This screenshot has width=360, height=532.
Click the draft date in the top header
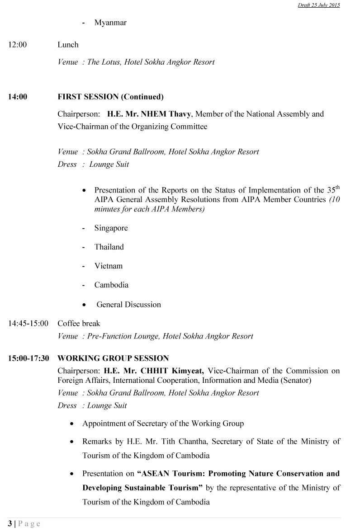319,5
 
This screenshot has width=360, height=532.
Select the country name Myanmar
110,23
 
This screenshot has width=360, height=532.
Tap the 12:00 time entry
17,44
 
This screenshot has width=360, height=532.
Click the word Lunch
68,44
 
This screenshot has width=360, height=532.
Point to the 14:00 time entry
17,97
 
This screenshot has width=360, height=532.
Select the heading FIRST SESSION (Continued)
110,97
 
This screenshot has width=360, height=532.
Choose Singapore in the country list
111,228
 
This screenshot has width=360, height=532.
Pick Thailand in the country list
109,247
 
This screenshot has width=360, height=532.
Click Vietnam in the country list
108,266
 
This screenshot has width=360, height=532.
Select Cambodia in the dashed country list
111,285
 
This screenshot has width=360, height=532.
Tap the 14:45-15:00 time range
28,324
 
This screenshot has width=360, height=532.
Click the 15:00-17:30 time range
28,358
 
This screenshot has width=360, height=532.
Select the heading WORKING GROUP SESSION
113,358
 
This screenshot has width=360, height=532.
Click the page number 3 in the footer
10,524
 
